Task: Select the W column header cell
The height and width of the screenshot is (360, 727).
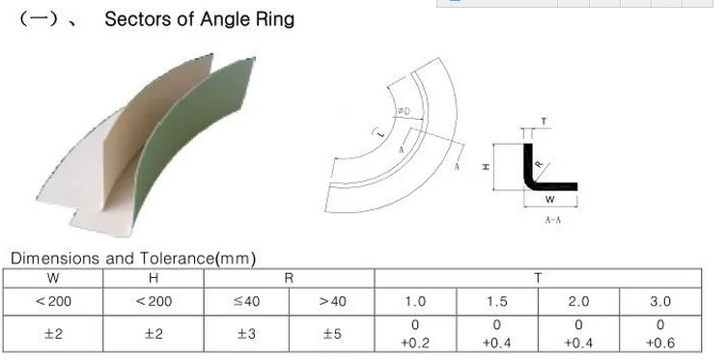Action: [53, 278]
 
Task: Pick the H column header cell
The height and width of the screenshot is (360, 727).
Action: [154, 278]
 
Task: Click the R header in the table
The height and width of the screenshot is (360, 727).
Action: [289, 278]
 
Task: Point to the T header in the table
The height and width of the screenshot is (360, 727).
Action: [538, 278]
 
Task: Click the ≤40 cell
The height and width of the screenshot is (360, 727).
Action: [246, 302]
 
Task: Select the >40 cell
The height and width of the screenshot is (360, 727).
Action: [332, 302]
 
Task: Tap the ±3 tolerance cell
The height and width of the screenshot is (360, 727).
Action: [246, 334]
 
